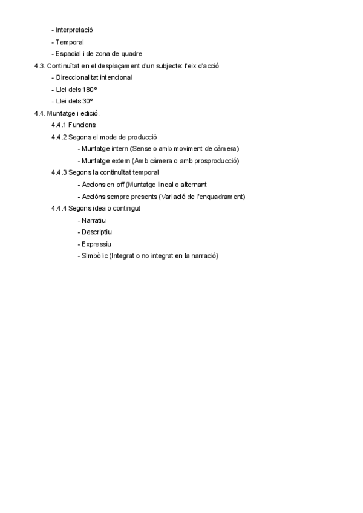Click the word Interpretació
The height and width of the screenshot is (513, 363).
pos(74,30)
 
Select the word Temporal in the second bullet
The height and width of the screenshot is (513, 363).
pos(70,42)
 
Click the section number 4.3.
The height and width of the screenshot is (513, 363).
pos(40,65)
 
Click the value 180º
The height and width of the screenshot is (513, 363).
pos(89,90)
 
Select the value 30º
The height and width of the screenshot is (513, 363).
pos(87,101)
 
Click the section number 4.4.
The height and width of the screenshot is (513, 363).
pos(40,113)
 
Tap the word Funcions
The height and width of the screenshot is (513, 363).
pos(82,125)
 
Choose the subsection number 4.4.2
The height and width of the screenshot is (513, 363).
pos(59,137)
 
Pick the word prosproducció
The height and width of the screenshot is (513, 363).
pos(214,161)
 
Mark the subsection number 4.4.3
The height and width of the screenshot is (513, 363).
pos(59,172)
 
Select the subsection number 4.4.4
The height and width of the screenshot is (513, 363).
pos(59,208)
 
